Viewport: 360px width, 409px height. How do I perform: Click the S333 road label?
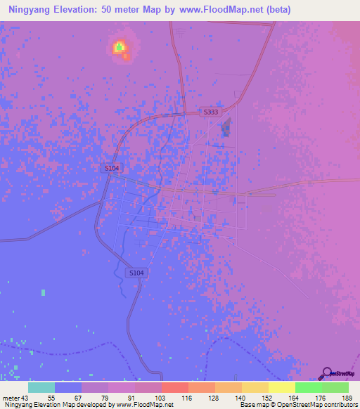[x=210, y=112]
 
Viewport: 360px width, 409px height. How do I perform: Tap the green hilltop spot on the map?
[x=120, y=47]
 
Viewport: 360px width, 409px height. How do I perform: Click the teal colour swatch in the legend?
[x=41, y=388]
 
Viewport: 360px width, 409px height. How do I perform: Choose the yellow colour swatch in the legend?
[x=281, y=388]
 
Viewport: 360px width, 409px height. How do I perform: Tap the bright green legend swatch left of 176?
[x=308, y=388]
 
